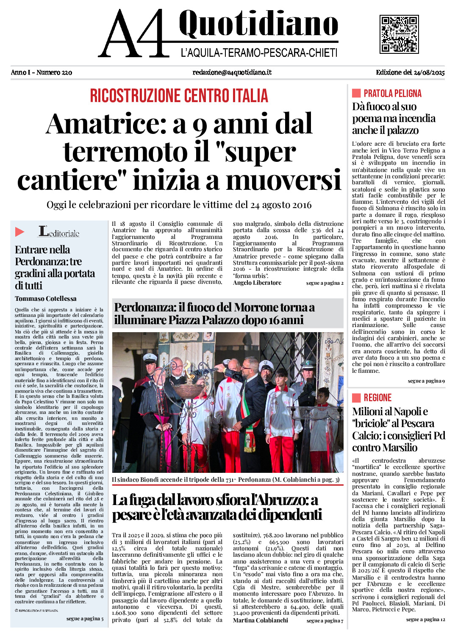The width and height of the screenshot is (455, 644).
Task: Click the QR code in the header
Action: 399,34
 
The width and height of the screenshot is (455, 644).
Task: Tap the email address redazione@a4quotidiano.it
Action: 232,72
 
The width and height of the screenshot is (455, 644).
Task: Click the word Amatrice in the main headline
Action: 105,124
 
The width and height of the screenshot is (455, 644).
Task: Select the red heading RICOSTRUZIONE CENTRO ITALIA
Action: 179,96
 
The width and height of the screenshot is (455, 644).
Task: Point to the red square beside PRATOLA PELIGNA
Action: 356,93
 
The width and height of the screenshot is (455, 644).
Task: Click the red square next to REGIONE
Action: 356,397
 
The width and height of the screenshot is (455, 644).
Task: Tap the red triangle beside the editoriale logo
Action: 19,232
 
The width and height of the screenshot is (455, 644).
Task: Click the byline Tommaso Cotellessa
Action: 46,299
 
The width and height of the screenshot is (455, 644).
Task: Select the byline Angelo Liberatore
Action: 257,283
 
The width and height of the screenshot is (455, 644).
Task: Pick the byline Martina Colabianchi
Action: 260,620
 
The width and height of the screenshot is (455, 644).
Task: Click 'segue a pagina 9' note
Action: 426,381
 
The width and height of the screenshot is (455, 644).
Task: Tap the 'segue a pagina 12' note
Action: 425,619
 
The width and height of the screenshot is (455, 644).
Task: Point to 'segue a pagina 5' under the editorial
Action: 85,619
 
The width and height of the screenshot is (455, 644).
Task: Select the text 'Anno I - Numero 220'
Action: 42,72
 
